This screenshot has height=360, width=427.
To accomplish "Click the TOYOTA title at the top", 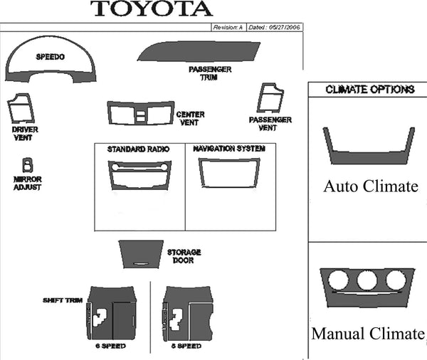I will (152, 9).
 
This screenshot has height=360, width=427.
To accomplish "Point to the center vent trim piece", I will (140, 113).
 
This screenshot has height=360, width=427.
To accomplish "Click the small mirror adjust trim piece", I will (27, 165).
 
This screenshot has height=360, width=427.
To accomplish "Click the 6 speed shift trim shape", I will (110, 313).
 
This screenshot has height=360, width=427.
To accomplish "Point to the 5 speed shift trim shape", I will (187, 313).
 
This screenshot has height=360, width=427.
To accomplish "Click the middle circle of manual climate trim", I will (368, 280).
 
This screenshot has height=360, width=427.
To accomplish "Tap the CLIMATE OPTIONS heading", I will (369, 90).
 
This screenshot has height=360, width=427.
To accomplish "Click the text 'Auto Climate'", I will (370, 186).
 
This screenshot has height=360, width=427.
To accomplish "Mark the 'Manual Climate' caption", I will (368, 333).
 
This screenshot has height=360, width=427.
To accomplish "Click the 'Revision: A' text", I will (228, 27).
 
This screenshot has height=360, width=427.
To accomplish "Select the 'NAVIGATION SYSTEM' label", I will (229, 149).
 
